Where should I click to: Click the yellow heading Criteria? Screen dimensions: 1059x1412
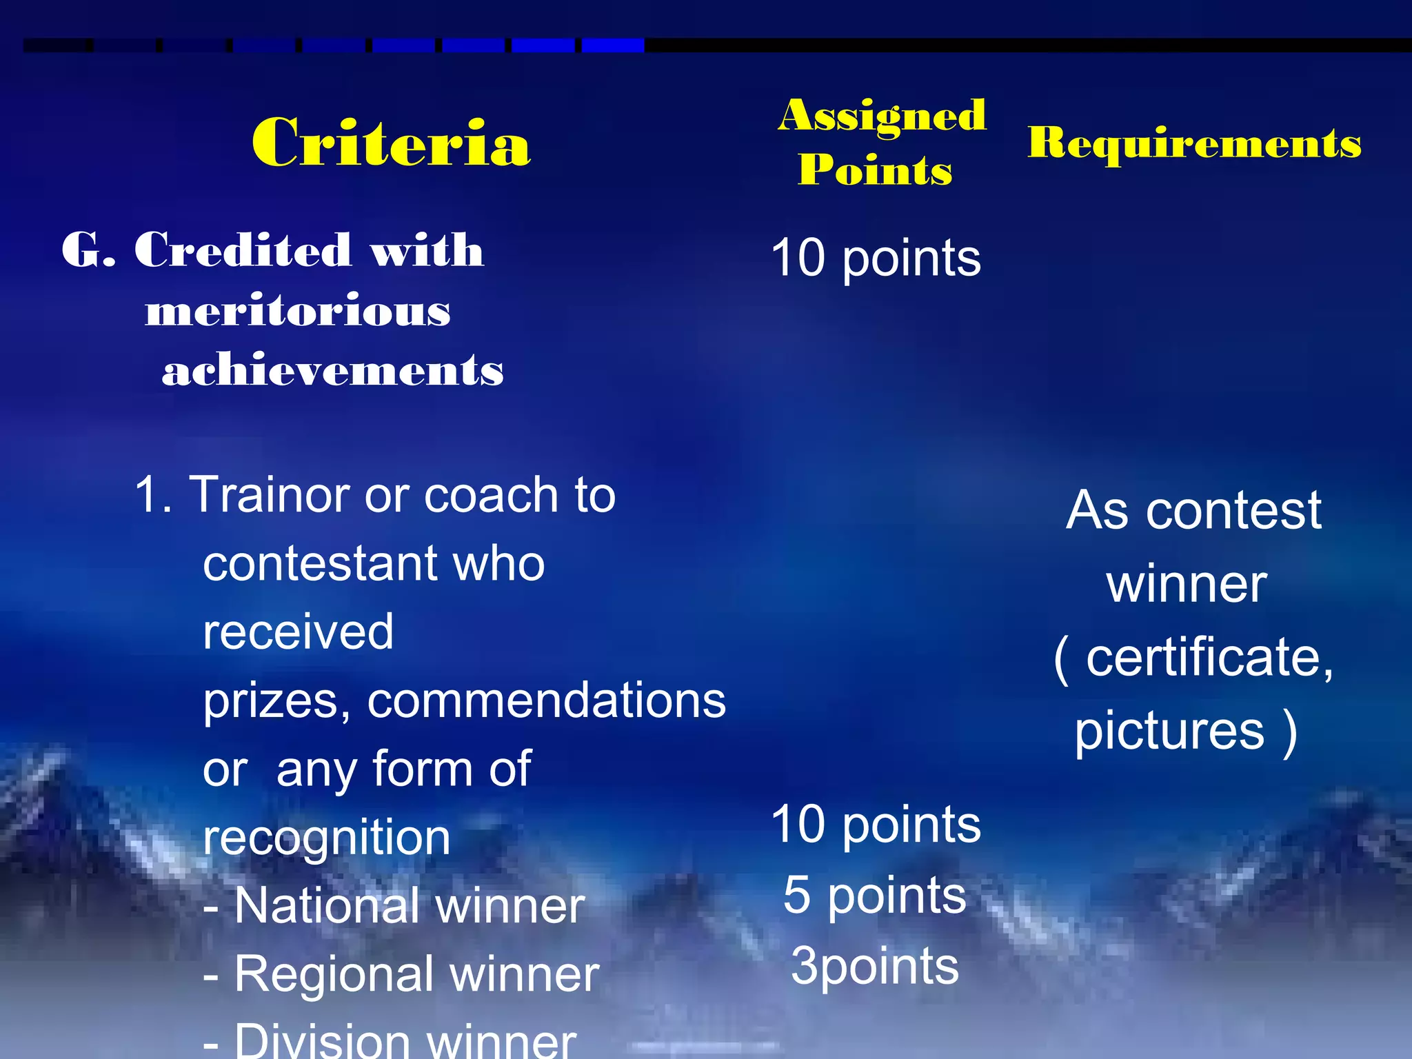[391, 143]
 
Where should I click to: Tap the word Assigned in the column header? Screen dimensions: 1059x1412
[882, 115]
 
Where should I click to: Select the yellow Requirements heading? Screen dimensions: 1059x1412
[1194, 143]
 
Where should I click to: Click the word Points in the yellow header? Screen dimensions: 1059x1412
[875, 170]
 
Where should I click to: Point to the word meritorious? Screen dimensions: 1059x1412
[298, 311]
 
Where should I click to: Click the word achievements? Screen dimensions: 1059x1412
[333, 370]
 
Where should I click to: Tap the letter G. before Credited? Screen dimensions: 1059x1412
[88, 250]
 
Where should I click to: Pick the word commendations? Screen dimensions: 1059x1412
[546, 700]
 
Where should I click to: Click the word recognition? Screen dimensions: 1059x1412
[327, 838]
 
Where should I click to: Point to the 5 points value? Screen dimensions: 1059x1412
[874, 896]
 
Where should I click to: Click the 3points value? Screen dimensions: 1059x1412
[874, 966]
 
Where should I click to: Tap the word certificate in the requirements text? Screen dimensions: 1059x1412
[1208, 657]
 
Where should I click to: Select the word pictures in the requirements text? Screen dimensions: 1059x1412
[1169, 731]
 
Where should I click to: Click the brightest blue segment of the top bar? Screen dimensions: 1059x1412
[612, 46]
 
